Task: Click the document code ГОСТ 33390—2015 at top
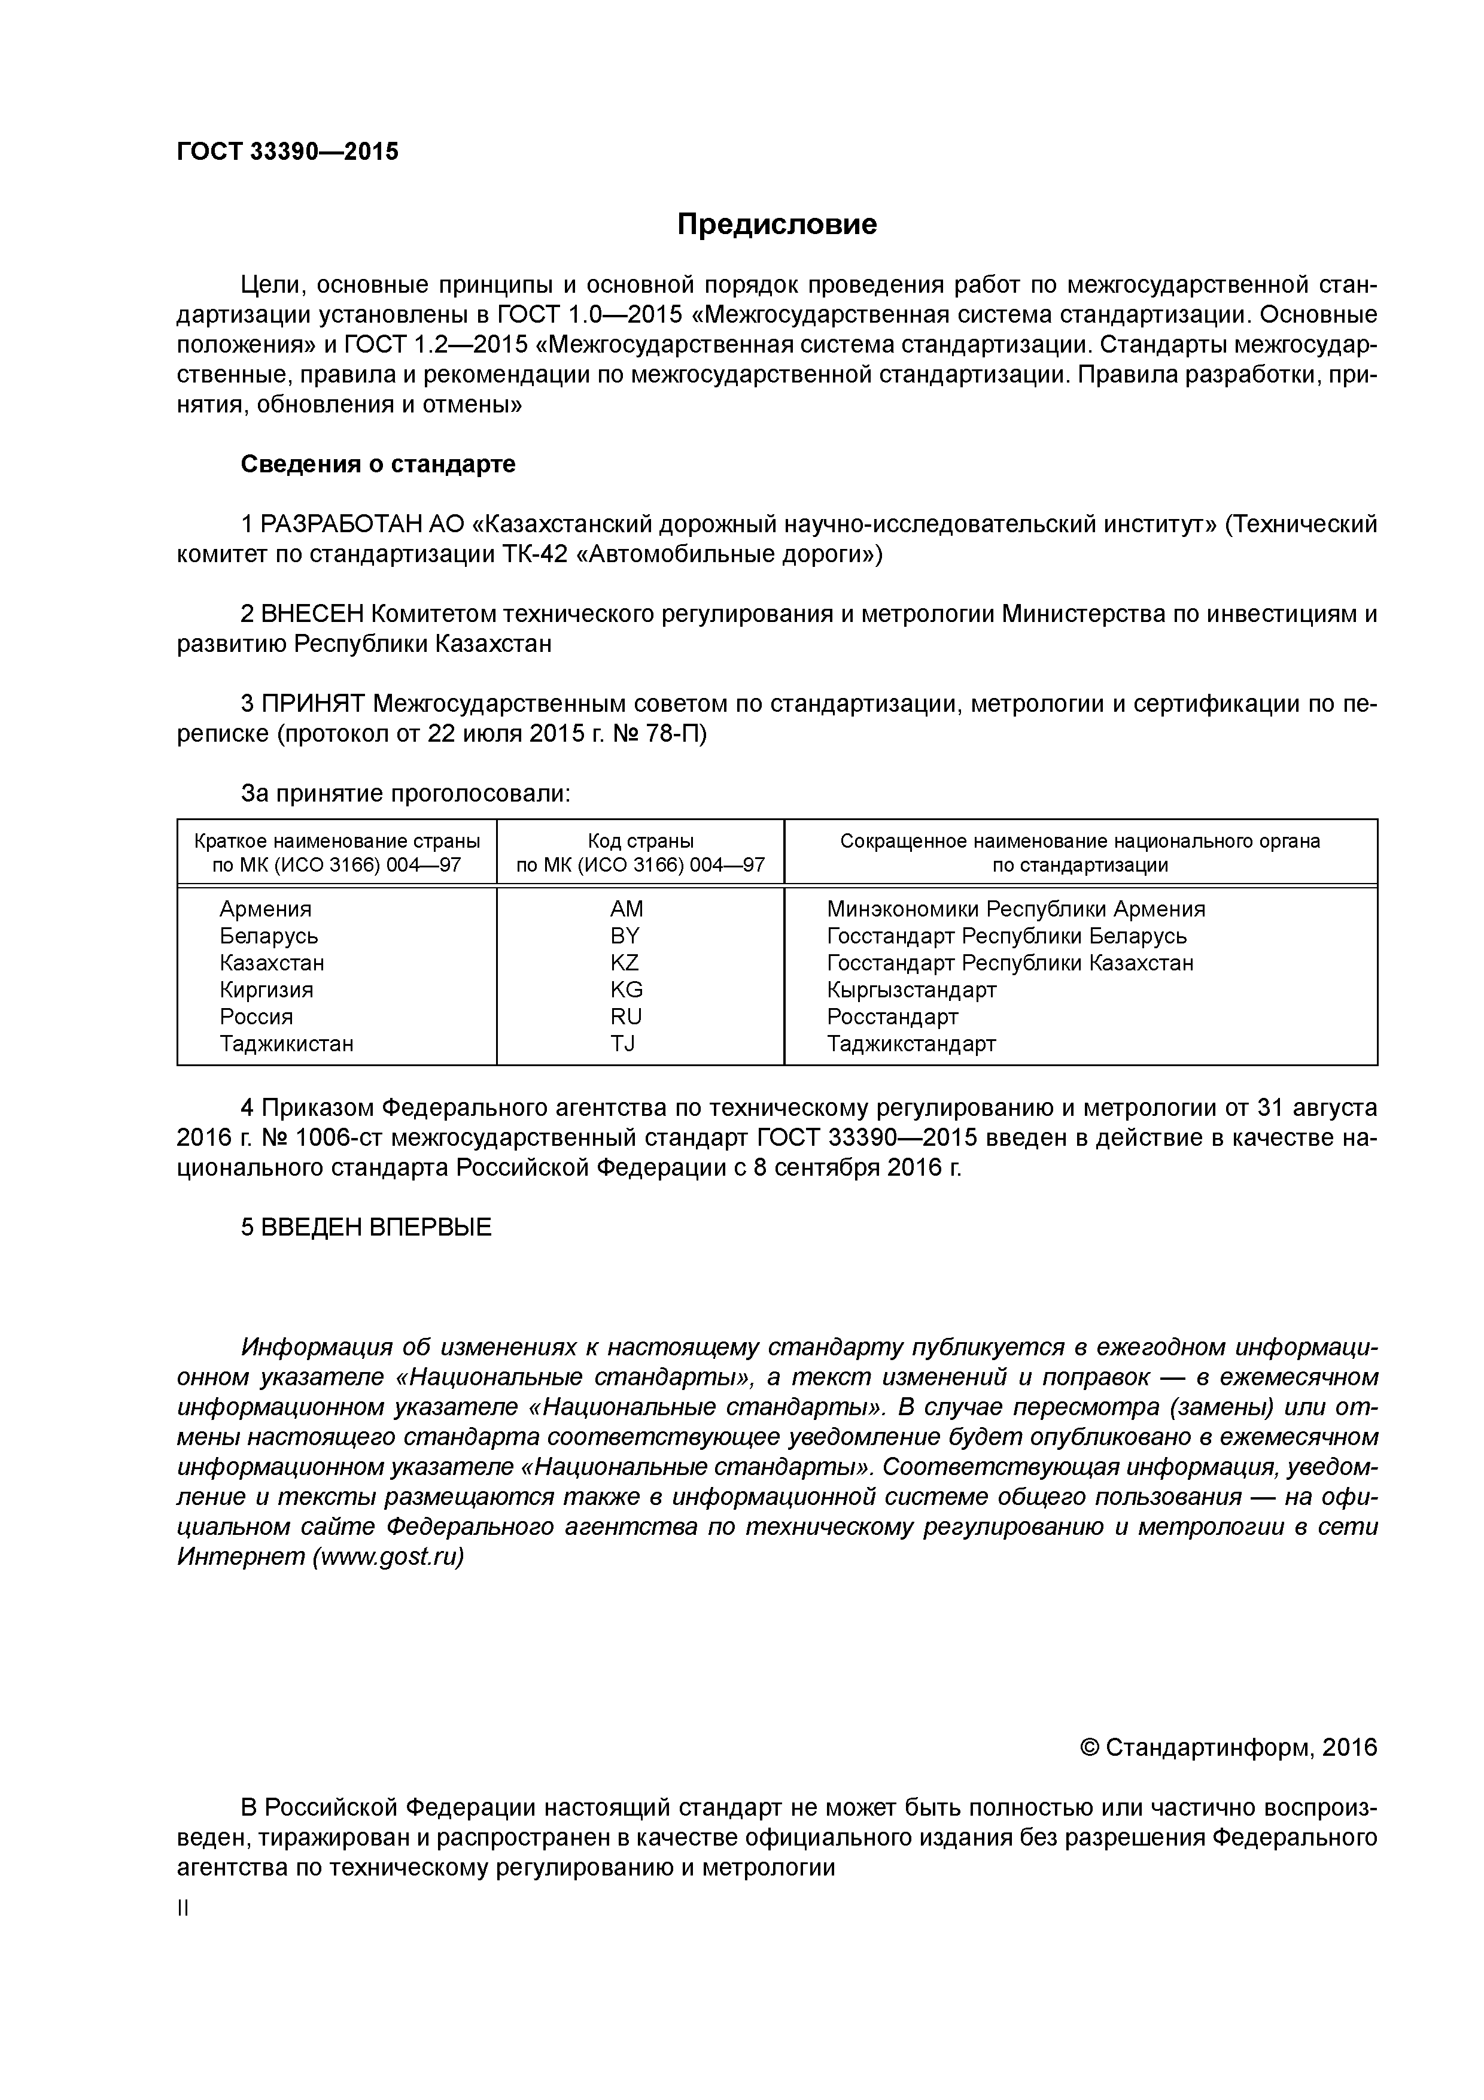click(x=288, y=151)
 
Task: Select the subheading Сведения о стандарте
click(x=378, y=464)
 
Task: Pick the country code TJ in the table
click(x=623, y=1043)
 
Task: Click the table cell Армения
click(x=265, y=909)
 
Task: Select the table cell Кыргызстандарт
click(x=911, y=990)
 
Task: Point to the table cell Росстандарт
click(x=892, y=1017)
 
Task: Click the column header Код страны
click(x=640, y=840)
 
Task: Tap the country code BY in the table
click(x=625, y=936)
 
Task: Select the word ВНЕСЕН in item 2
click(x=313, y=614)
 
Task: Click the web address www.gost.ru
click(x=388, y=1556)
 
